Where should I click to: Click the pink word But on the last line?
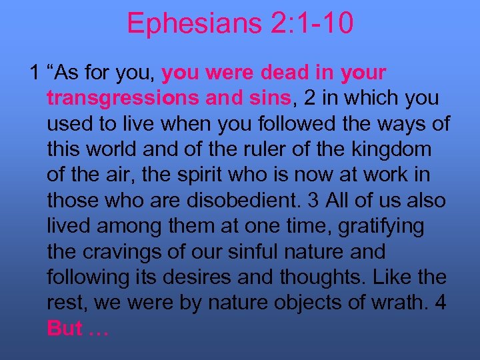(x=65, y=327)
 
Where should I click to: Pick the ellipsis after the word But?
(x=99, y=329)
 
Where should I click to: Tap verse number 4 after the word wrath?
(x=442, y=302)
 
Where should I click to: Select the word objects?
(x=294, y=302)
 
